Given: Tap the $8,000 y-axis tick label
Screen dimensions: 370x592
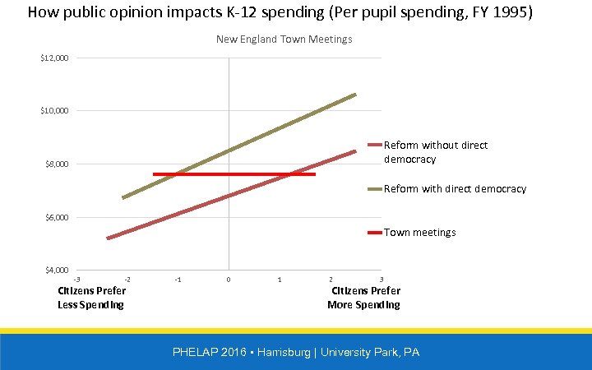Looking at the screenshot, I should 57,164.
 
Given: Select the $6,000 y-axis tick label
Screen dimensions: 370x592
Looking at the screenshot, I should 57,218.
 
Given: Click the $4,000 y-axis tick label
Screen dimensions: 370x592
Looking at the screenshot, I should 57,271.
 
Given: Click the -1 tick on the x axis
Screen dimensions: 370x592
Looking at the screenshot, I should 178,280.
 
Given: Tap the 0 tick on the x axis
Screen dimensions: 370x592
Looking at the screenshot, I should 229,280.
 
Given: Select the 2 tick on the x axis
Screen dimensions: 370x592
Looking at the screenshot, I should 331,280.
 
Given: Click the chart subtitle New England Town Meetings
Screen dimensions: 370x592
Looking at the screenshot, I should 284,39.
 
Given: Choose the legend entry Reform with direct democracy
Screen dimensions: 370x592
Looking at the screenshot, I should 454,189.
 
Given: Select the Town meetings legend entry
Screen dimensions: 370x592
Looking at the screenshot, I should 419,233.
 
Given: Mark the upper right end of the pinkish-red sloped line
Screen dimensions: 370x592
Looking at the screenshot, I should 355,151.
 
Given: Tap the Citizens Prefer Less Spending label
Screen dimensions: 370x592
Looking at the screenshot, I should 91,298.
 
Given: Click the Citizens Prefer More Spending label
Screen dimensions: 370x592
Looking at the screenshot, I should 364,298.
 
